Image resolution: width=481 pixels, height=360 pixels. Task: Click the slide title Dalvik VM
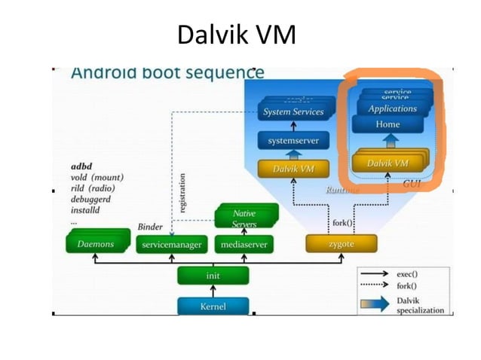236,34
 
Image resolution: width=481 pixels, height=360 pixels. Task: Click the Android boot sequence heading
167,73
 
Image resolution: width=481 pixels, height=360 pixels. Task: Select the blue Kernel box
213,307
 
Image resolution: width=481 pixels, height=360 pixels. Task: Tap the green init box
213,276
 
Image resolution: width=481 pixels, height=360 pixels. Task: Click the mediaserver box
244,245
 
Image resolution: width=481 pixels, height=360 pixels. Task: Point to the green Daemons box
96,244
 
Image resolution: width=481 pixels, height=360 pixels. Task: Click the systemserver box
293,141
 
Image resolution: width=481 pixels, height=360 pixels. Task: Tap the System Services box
293,112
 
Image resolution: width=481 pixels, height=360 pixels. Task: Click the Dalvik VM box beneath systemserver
293,169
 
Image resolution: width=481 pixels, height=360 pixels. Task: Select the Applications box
392,108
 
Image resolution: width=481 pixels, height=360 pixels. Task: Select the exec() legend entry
407,274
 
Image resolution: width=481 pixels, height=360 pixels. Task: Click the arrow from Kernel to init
213,291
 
